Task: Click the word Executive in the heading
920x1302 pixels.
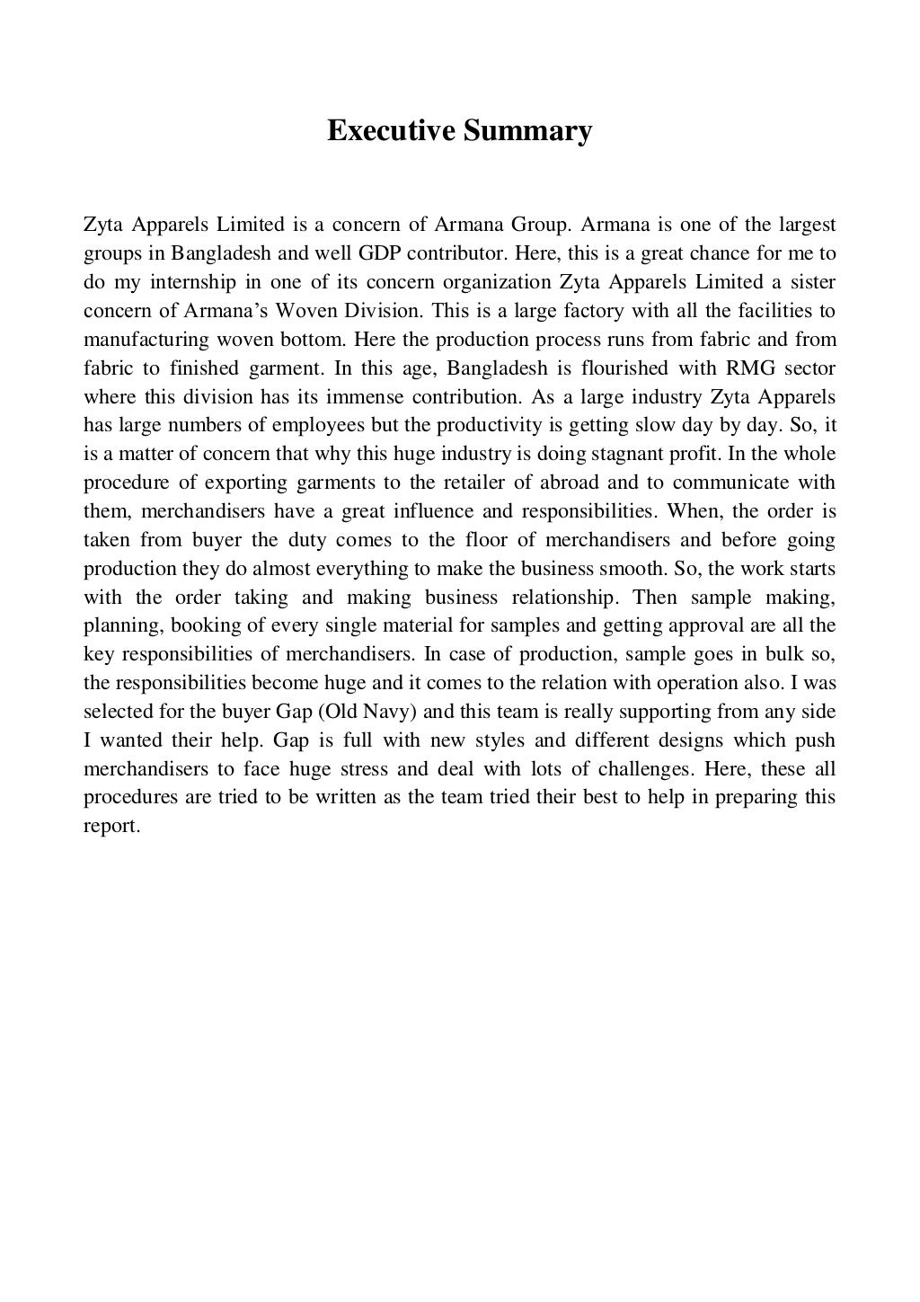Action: pyautogui.click(x=391, y=131)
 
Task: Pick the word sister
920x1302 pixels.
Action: pyautogui.click(x=814, y=281)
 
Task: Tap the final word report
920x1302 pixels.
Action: pyautogui.click(x=111, y=827)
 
